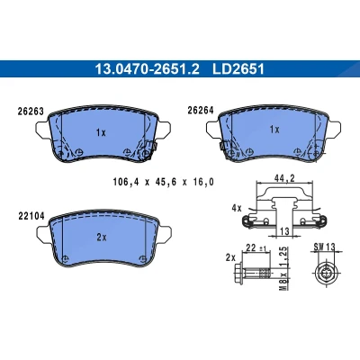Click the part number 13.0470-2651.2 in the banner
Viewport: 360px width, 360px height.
tap(147, 69)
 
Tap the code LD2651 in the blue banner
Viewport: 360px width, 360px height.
tap(238, 69)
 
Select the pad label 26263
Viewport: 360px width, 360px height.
tap(31, 112)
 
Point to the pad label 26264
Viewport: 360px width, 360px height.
tap(201, 111)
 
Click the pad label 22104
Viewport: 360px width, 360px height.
tap(31, 216)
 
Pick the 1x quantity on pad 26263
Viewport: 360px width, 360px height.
tap(101, 132)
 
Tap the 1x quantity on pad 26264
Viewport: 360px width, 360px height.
tap(274, 130)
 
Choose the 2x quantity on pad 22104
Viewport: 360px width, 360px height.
tap(102, 238)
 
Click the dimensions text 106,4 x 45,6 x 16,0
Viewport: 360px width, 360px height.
tap(164, 182)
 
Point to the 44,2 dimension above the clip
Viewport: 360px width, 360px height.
tap(284, 178)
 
